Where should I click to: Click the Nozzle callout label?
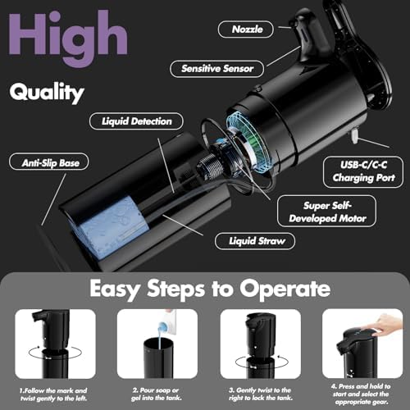click(246, 30)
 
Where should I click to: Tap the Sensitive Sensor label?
click(217, 69)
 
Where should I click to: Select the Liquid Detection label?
click(136, 121)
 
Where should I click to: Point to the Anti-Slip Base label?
click(49, 163)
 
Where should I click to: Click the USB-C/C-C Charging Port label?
click(363, 171)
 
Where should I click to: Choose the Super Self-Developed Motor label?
click(327, 212)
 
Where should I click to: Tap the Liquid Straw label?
click(255, 241)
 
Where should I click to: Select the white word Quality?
click(47, 93)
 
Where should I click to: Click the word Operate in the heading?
click(285, 289)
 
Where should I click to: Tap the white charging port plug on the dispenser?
click(355, 136)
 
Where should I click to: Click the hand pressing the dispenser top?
click(388, 325)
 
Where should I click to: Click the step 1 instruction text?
click(53, 394)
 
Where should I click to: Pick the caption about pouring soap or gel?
click(157, 394)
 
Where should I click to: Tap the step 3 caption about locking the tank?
click(261, 394)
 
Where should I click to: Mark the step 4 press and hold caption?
click(361, 394)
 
